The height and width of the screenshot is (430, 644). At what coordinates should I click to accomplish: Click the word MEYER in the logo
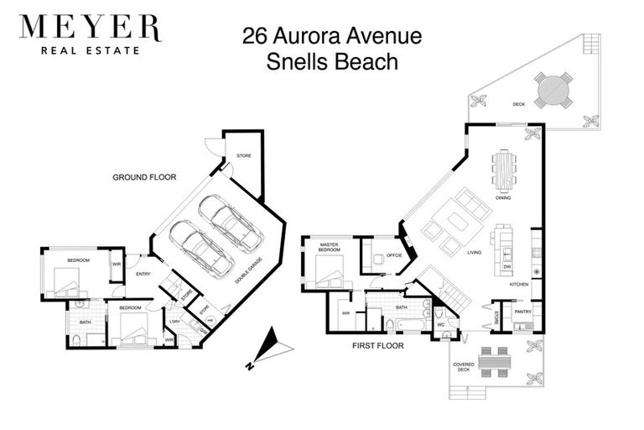coord(90,29)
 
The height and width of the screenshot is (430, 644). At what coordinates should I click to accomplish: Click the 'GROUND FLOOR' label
coord(142,178)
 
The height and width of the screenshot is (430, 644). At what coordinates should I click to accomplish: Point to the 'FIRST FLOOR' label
coord(379,345)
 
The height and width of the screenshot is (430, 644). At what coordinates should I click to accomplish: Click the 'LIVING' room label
coord(475,251)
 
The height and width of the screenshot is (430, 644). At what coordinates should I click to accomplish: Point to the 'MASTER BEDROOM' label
coord(329,248)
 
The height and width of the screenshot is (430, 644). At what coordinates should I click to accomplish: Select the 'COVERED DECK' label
coord(463,367)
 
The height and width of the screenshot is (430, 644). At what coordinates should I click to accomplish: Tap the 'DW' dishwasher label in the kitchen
coord(507,266)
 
